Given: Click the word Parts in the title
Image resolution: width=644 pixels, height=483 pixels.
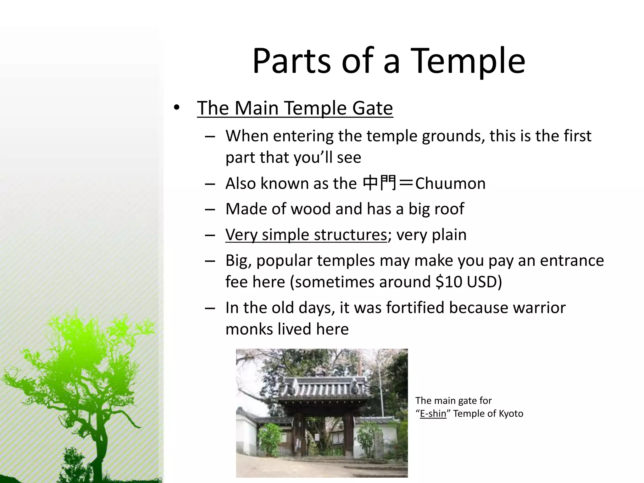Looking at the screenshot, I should pyautogui.click(x=291, y=61).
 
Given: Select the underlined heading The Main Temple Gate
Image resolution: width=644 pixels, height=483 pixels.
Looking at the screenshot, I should pyautogui.click(x=295, y=108).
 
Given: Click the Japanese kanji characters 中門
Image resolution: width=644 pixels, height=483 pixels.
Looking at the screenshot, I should pyautogui.click(x=379, y=183).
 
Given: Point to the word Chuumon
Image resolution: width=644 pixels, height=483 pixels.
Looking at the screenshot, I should pyautogui.click(x=450, y=183).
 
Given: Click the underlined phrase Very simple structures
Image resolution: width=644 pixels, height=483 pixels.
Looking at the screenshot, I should pyautogui.click(x=306, y=235).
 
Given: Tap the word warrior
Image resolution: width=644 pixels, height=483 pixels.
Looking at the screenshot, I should pyautogui.click(x=539, y=308).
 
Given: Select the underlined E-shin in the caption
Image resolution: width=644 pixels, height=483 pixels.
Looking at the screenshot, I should pyautogui.click(x=433, y=414).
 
